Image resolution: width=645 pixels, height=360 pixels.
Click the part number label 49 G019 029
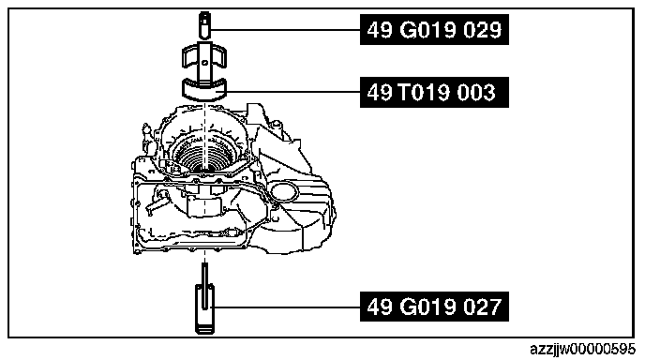[x=434, y=30]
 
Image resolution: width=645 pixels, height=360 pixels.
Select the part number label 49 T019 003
[x=434, y=92]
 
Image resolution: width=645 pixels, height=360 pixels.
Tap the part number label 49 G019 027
[x=434, y=307]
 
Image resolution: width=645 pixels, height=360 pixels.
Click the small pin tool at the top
[x=205, y=24]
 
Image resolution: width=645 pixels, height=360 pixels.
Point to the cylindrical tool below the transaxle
[x=204, y=308]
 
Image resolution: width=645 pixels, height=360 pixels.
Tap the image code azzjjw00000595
[x=582, y=350]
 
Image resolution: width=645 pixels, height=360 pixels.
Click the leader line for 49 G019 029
[x=286, y=29]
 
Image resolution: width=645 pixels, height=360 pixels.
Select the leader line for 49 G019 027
[x=287, y=307]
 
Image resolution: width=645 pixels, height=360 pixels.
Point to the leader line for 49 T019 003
[x=293, y=92]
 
